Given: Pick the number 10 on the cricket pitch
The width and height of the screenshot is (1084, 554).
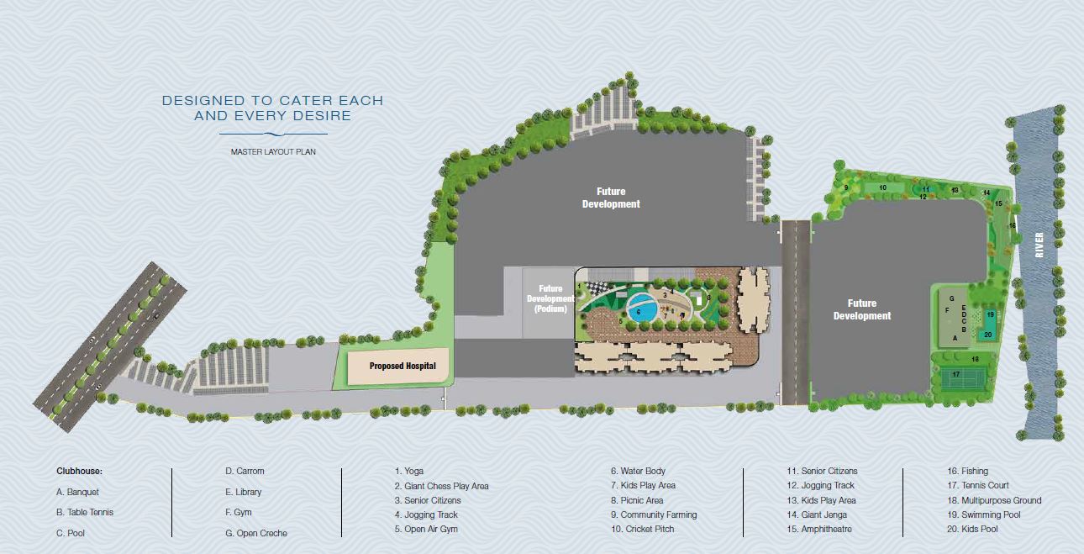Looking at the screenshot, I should tap(882, 187).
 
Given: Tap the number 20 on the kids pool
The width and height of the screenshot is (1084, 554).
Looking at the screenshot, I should tap(987, 335).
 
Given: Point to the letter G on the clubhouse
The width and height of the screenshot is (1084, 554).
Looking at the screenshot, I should tap(951, 298).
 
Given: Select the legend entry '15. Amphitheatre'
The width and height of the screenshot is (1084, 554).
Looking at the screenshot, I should tap(821, 529).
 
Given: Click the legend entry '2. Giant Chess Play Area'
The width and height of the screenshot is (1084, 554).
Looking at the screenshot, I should tap(441, 486).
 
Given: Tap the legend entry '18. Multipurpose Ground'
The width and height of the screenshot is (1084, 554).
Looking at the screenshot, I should tap(994, 500).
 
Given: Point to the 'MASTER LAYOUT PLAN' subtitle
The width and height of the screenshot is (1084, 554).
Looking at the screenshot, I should tap(272, 152).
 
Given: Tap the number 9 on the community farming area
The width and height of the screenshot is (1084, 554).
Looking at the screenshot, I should tap(845, 187).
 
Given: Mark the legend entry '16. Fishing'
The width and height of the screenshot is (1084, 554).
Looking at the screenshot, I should tap(968, 472).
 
